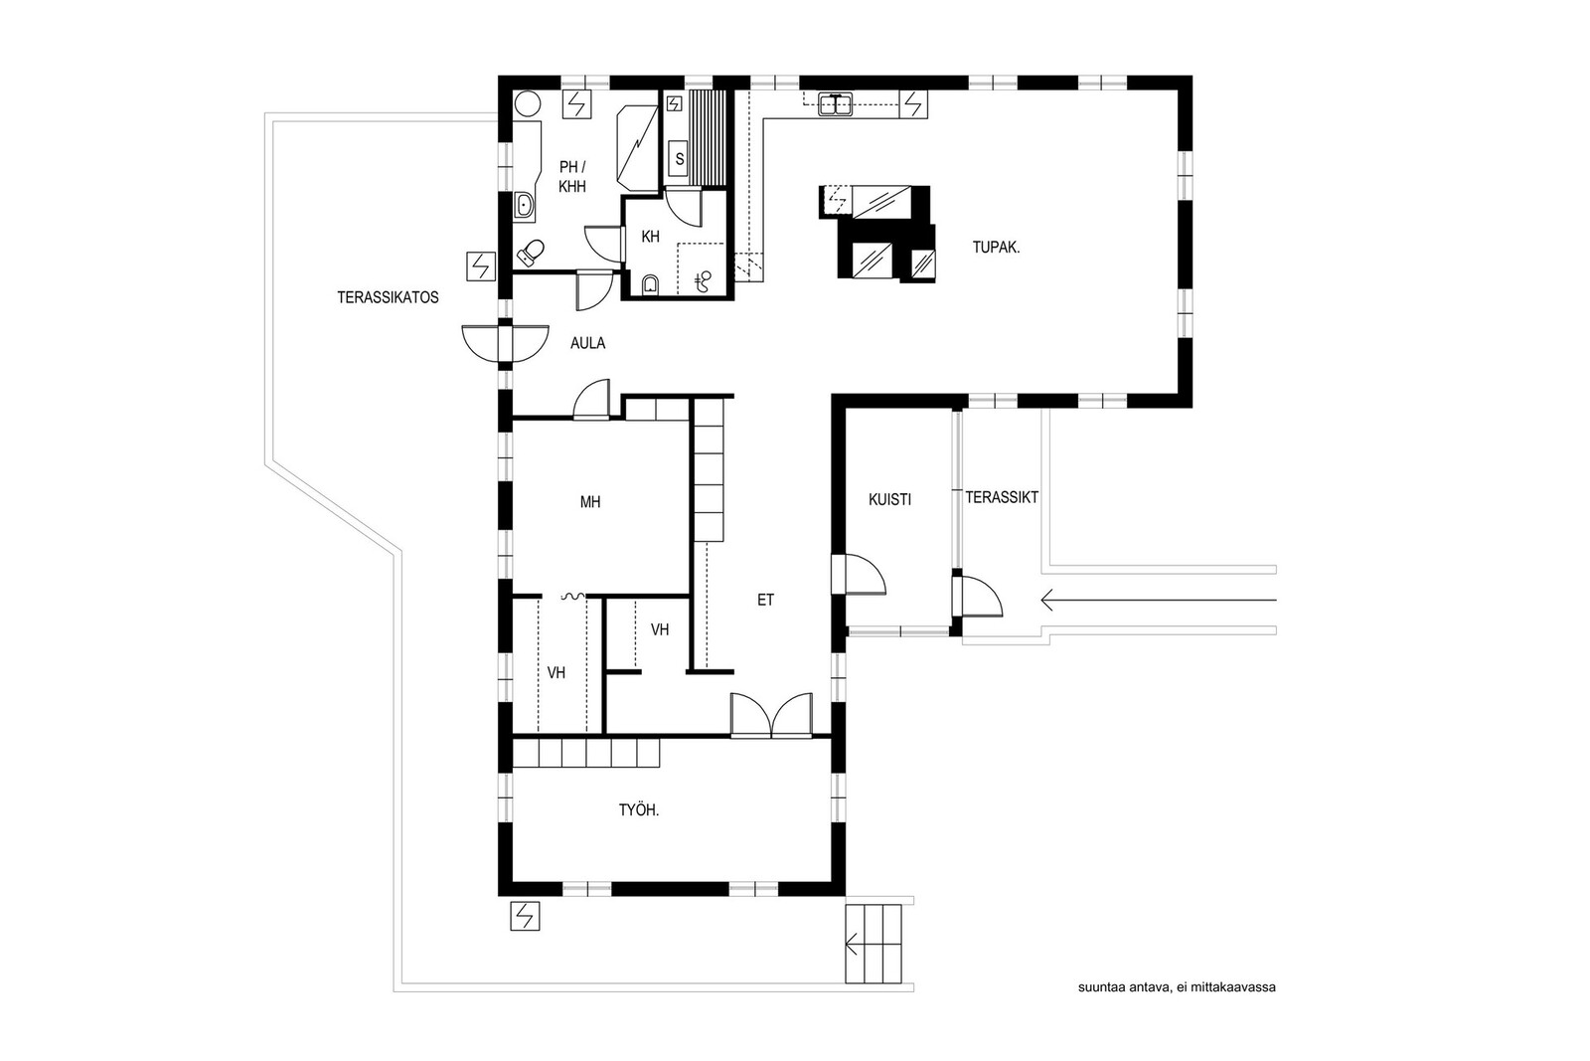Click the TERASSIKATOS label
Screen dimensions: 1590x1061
click(x=388, y=297)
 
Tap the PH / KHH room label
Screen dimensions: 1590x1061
click(x=572, y=177)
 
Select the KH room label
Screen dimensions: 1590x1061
click(x=650, y=237)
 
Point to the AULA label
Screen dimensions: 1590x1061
click(x=587, y=343)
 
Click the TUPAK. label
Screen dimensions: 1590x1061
click(x=996, y=248)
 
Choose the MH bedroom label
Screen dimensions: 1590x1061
click(x=590, y=502)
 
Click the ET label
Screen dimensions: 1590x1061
click(x=765, y=600)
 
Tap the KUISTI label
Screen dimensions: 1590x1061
click(x=889, y=499)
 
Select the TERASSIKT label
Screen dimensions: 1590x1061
click(x=1002, y=498)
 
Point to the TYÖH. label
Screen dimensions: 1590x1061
click(x=639, y=810)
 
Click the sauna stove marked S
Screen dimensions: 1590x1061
click(x=680, y=159)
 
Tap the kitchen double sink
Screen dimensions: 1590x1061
click(x=836, y=105)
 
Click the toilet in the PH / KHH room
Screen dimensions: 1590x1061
click(x=530, y=253)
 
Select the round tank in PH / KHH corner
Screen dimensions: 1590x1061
click(x=528, y=105)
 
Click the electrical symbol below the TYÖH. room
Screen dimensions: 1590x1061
click(x=525, y=916)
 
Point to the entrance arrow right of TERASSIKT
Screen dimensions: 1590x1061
click(x=1159, y=600)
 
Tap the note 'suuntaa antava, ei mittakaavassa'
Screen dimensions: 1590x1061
click(x=1177, y=987)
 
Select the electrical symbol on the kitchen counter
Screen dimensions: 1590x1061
click(x=913, y=104)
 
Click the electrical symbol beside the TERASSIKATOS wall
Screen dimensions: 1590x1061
click(x=481, y=266)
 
